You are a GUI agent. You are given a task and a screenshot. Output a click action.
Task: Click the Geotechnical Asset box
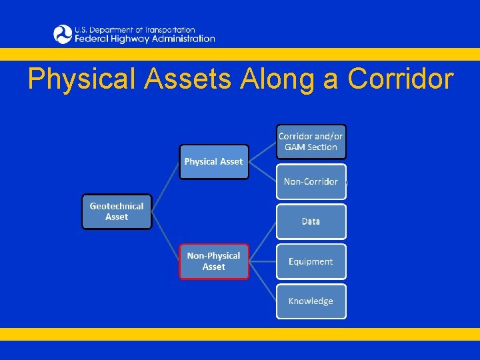[117, 211]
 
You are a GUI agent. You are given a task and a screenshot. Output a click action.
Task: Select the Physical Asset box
[213, 162]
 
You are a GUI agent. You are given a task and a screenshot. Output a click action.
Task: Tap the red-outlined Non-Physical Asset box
[213, 261]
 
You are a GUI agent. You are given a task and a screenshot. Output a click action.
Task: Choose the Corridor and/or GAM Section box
[311, 141]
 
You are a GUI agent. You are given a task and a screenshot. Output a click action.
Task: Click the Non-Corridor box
[311, 181]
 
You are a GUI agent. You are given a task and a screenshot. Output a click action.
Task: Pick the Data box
[311, 221]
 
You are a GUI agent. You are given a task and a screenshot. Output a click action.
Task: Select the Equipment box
[311, 261]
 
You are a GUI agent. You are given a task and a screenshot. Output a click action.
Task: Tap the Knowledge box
[311, 301]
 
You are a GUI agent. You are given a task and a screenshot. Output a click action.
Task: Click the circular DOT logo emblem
[63, 34]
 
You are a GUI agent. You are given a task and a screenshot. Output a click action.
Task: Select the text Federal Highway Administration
[145, 39]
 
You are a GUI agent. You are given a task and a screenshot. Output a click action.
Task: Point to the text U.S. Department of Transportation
[135, 29]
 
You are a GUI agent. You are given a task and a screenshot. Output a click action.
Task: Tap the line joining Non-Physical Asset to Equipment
[263, 261]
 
